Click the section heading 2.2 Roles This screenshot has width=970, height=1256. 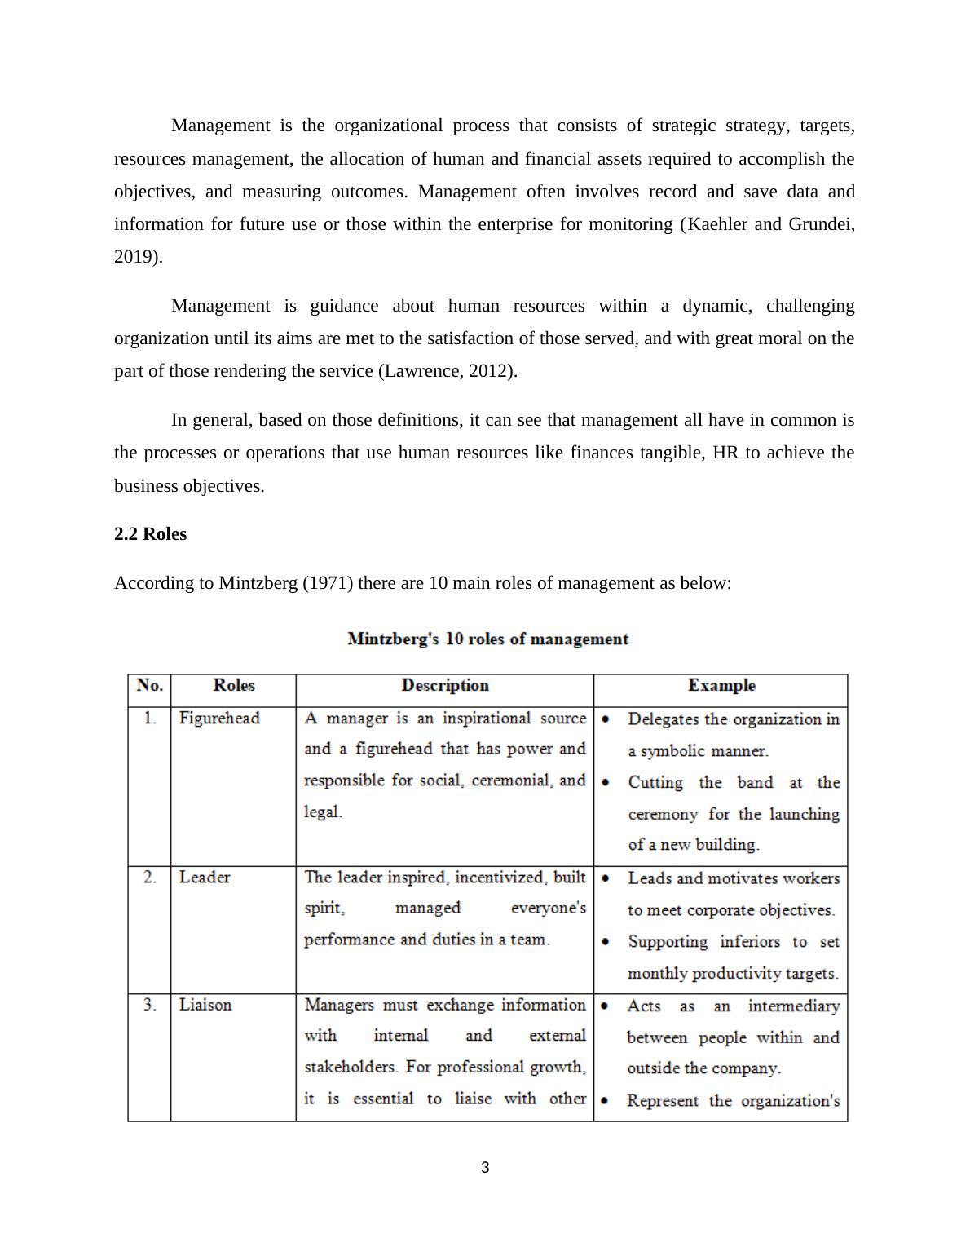pyautogui.click(x=150, y=534)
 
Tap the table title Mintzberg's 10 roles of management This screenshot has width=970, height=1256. pyautogui.click(x=487, y=639)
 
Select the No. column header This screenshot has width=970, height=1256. pyautogui.click(x=149, y=686)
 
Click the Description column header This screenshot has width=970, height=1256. pyautogui.click(x=445, y=686)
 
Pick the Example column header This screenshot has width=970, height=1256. pyautogui.click(x=721, y=686)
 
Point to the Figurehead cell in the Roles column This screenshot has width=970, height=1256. pyautogui.click(x=219, y=719)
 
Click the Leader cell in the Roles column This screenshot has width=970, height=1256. pyautogui.click(x=205, y=878)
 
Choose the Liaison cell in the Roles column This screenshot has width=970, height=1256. pyautogui.click(x=205, y=1005)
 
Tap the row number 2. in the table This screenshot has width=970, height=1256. pyautogui.click(x=150, y=878)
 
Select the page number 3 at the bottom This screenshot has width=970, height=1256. pyautogui.click(x=485, y=1168)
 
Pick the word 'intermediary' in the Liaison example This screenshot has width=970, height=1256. pyautogui.click(x=793, y=1006)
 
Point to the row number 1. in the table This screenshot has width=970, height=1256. pyautogui.click(x=150, y=719)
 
